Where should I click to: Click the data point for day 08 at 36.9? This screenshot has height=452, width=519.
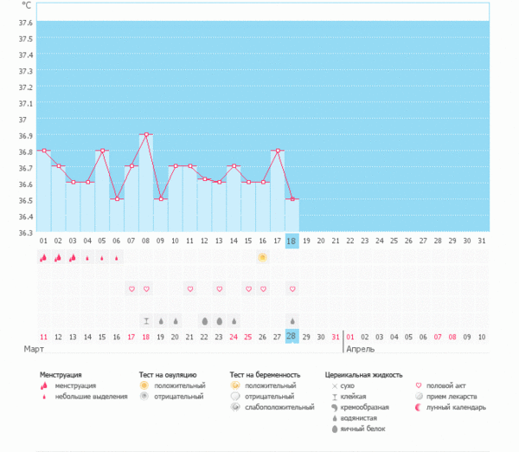pos(146,134)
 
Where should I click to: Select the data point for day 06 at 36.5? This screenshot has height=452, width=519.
pos(117,199)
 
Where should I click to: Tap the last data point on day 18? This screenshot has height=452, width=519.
pos(292,199)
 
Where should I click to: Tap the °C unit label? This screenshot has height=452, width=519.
pos(26,6)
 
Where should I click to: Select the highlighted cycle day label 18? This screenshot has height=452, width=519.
pos(292,241)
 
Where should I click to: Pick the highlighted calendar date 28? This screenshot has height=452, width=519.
pos(292,336)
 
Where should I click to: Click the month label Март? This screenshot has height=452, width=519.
pos(34,350)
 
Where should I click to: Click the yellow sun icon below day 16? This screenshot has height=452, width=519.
pos(263,257)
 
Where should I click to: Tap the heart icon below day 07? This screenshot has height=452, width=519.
pos(131,288)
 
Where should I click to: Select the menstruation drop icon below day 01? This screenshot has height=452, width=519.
pos(43,257)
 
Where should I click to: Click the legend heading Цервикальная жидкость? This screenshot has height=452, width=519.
pos(363,375)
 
